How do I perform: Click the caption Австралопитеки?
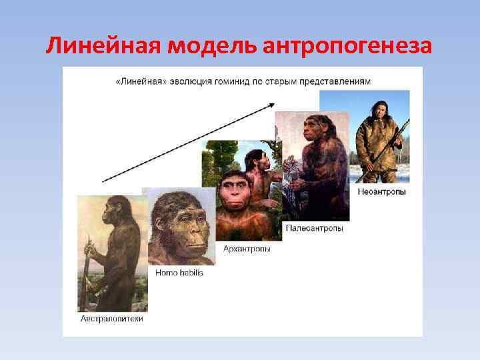pyautogui.click(x=111, y=319)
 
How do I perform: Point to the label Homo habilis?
pyautogui.click(x=179, y=273)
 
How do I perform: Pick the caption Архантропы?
pyautogui.click(x=246, y=249)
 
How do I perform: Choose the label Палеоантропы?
pyautogui.click(x=315, y=228)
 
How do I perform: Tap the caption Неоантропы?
pyautogui.click(x=381, y=192)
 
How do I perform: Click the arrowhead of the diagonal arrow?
pyautogui.click(x=271, y=104)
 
